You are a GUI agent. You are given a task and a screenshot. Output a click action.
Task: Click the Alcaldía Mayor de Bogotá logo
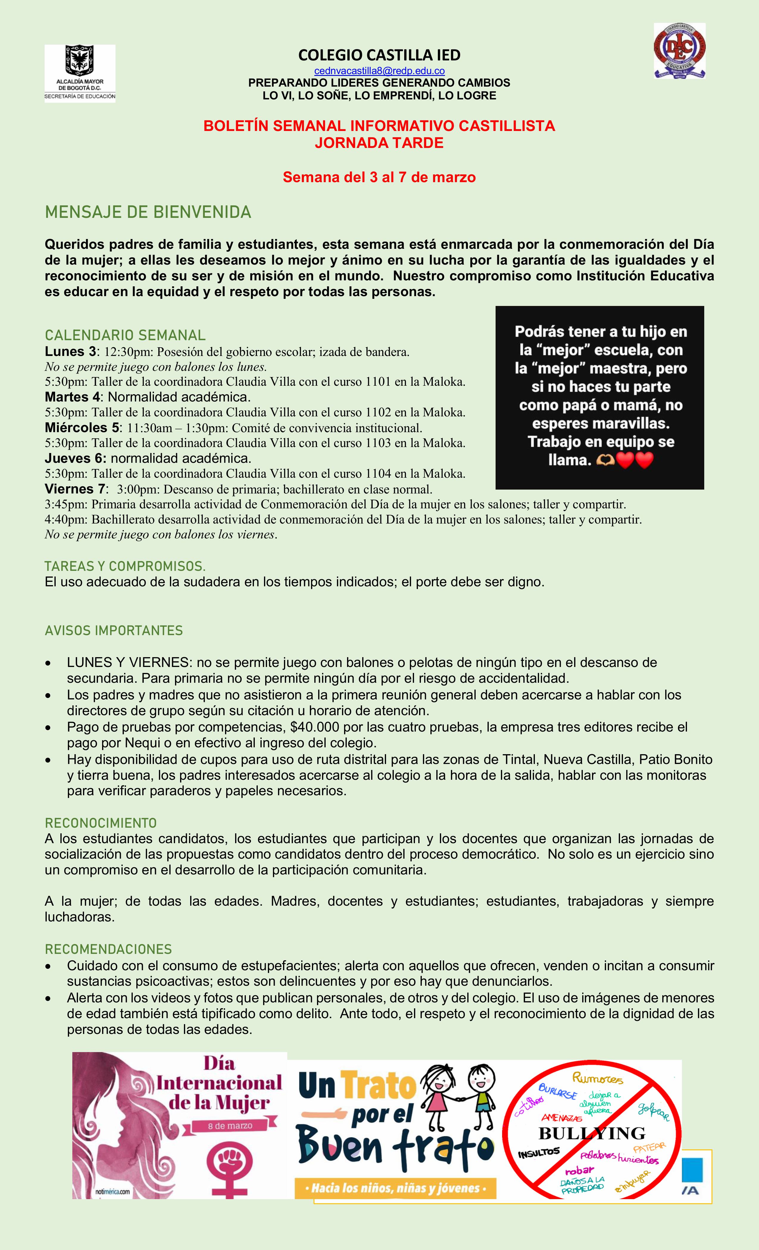click(x=80, y=74)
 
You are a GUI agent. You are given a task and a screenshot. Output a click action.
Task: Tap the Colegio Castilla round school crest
click(x=679, y=51)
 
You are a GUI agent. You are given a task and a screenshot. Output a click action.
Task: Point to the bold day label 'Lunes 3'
click(x=70, y=351)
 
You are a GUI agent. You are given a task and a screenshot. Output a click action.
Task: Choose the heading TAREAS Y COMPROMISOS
click(x=125, y=566)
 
